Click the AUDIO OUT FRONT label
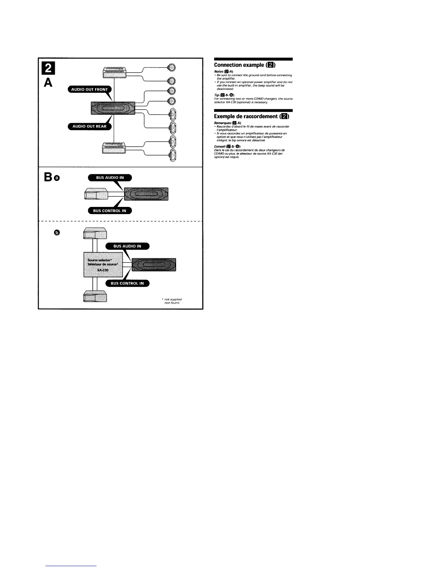tap(90, 89)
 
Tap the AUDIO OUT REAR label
tap(90, 126)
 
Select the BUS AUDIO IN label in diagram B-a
tap(110, 177)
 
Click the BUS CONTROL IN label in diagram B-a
tap(110, 211)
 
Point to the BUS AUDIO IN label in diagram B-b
tap(127, 246)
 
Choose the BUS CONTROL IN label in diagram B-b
tap(127, 283)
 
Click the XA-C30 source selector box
tap(103, 264)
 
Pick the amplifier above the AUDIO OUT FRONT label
tap(114, 72)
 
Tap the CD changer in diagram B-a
tap(96, 195)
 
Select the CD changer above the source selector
tap(95, 234)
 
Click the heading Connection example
tap(244, 65)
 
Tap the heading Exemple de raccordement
tap(251, 116)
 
